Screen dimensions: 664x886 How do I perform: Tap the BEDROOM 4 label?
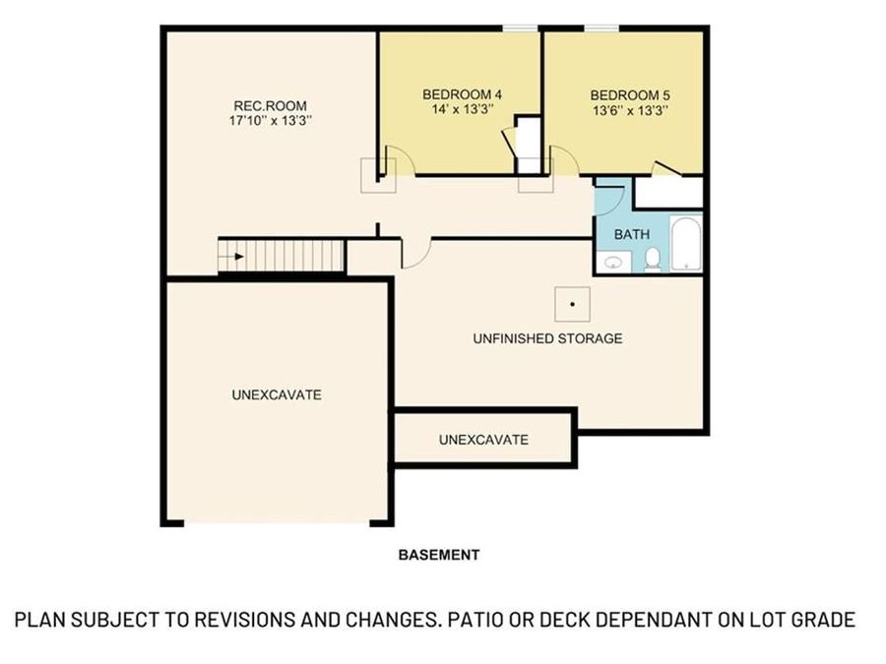click(463, 94)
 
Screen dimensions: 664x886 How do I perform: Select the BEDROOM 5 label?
click(630, 94)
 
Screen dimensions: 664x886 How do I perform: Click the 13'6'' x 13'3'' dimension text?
click(630, 111)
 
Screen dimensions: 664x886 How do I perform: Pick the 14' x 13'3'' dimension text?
click(463, 111)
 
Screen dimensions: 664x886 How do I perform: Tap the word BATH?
click(631, 235)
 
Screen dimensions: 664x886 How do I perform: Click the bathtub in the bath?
click(685, 244)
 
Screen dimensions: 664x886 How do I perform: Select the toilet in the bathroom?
click(652, 259)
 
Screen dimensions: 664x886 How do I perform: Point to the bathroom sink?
click(616, 262)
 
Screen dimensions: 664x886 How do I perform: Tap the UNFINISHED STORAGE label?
click(547, 338)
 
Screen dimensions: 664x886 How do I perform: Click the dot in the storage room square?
click(572, 304)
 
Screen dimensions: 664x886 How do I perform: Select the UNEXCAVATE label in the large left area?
click(277, 394)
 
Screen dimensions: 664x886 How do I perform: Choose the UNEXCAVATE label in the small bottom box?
click(483, 439)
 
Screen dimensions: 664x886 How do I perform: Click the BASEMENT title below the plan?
click(439, 555)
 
